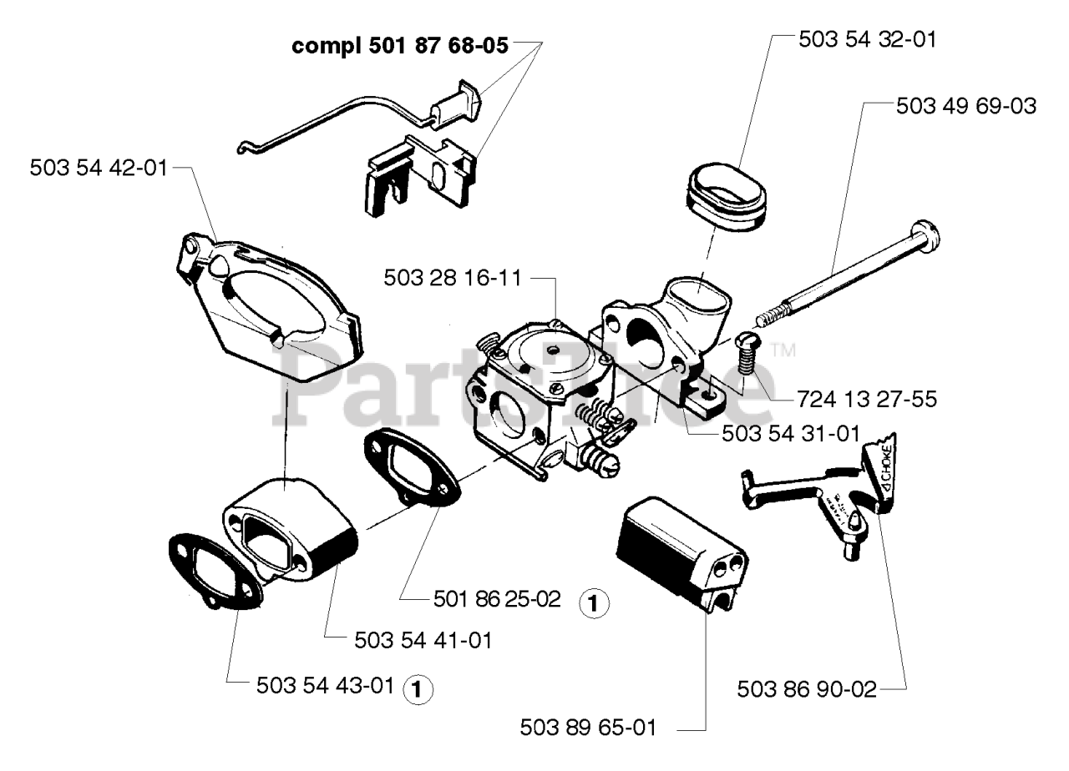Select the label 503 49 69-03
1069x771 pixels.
tap(965, 107)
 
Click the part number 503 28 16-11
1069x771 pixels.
tap(452, 278)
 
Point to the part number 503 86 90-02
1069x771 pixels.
tap(808, 690)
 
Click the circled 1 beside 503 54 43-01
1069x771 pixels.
tap(418, 688)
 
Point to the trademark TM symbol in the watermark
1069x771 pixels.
tap(782, 350)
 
